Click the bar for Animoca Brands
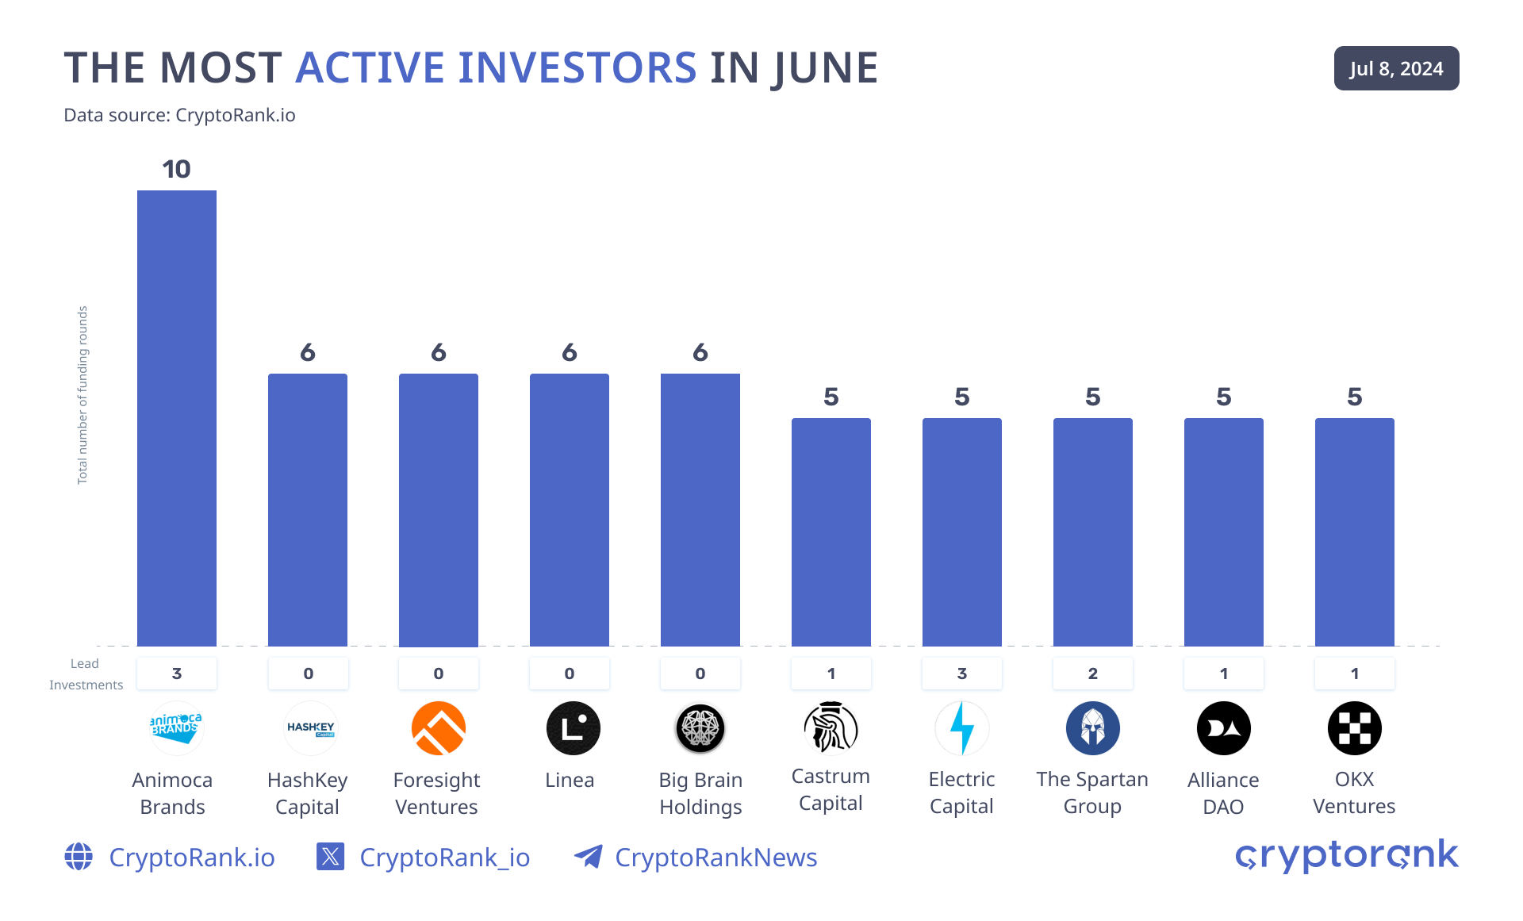point(176,418)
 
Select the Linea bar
point(569,509)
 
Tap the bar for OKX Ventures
point(1354,531)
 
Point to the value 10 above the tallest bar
point(176,169)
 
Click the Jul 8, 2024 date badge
point(1396,68)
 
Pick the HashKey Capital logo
point(310,727)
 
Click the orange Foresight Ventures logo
point(438,727)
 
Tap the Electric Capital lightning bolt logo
point(961,727)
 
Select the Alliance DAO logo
point(1223,727)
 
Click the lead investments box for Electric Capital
point(961,673)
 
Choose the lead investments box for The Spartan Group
point(1092,673)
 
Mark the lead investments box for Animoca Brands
point(176,673)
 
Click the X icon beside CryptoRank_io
point(330,857)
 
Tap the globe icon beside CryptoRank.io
point(79,857)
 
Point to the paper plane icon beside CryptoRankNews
point(588,857)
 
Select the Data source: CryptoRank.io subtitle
point(179,115)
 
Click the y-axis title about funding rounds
point(82,395)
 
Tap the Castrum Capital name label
point(831,789)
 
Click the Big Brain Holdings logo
point(700,727)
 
